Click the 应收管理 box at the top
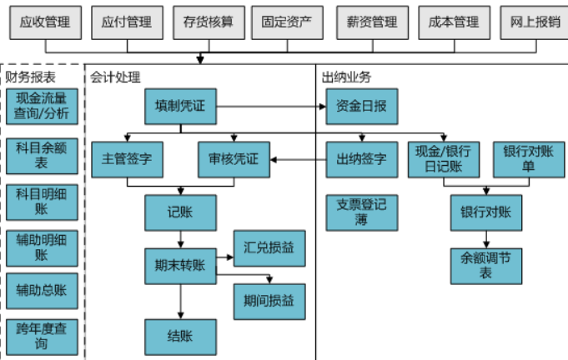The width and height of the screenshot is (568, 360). [x=44, y=22]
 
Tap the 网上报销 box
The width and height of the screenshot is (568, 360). [x=534, y=22]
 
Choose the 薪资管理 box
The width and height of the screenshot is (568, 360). [x=372, y=22]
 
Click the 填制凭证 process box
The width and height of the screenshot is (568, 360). [x=180, y=107]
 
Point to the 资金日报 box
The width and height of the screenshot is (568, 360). [x=361, y=107]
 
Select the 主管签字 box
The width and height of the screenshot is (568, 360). [x=127, y=158]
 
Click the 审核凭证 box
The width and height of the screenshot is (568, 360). [x=234, y=158]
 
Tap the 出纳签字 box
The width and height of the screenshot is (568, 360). [x=361, y=158]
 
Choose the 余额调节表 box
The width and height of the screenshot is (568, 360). [x=485, y=265]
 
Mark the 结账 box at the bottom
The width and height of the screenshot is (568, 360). [x=180, y=336]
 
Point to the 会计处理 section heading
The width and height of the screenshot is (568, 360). [x=117, y=77]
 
